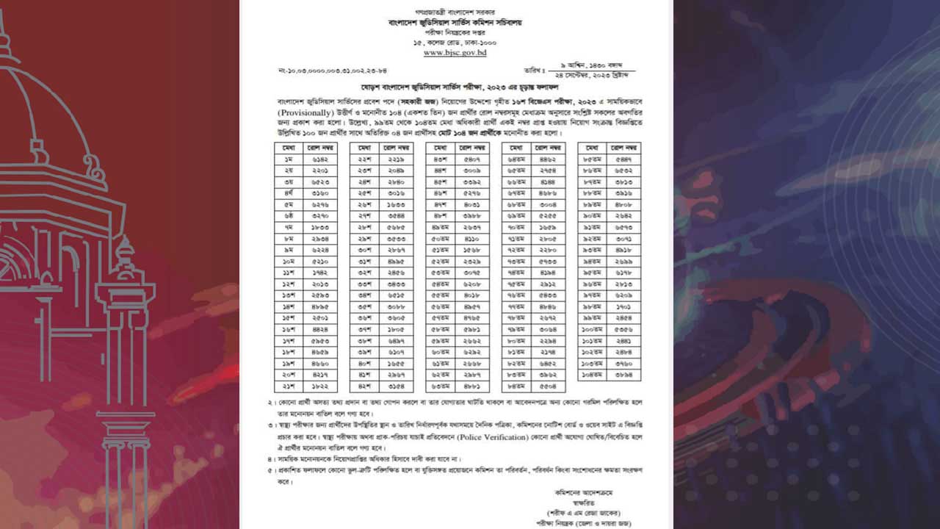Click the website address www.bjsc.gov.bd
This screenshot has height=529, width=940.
(455, 53)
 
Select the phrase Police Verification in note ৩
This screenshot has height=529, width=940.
(491, 436)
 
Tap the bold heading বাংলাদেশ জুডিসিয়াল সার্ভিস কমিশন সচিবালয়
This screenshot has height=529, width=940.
(455, 23)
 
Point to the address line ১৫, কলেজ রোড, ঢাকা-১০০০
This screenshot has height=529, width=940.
(455, 43)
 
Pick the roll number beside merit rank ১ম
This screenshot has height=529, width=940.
(319, 159)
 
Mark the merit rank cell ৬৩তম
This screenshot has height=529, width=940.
(441, 385)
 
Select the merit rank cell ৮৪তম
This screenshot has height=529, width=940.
(516, 385)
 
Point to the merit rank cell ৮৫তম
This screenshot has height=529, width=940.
(592, 159)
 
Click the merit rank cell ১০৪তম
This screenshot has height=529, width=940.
(592, 374)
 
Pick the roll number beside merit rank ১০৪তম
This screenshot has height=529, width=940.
(624, 374)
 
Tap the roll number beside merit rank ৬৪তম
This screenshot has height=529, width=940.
(548, 159)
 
